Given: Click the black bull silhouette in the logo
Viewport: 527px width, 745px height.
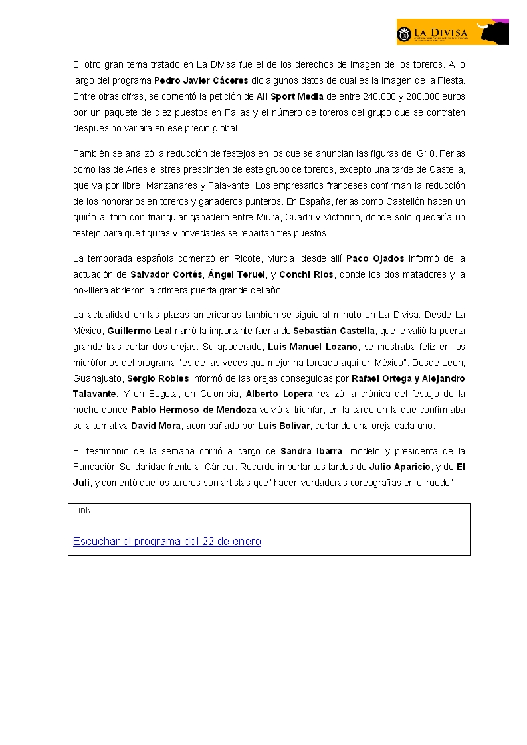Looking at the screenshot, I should coord(492,32).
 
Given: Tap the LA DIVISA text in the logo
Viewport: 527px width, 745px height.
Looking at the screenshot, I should coord(441,31).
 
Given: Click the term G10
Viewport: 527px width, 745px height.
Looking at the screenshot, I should coord(446,153).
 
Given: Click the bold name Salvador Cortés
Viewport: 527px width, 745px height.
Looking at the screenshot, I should coord(166,274).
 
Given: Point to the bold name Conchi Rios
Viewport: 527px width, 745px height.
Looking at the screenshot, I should coord(304,274).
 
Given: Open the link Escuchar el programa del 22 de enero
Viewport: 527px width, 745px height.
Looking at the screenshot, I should coord(167,542).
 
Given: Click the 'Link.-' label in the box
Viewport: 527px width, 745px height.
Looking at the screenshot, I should coord(84,511).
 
